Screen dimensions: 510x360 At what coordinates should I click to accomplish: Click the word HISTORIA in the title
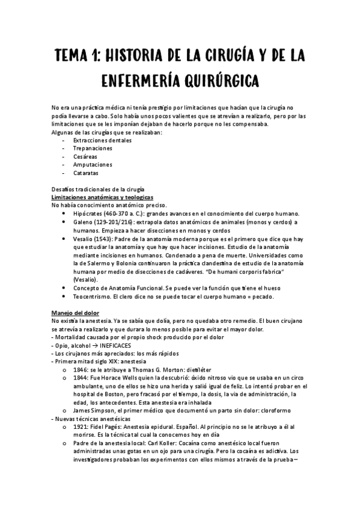[132, 56]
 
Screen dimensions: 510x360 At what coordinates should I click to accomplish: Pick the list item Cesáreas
[85, 156]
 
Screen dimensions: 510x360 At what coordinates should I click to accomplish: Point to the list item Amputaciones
[93, 164]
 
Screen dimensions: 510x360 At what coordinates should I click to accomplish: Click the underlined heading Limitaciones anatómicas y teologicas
[102, 197]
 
